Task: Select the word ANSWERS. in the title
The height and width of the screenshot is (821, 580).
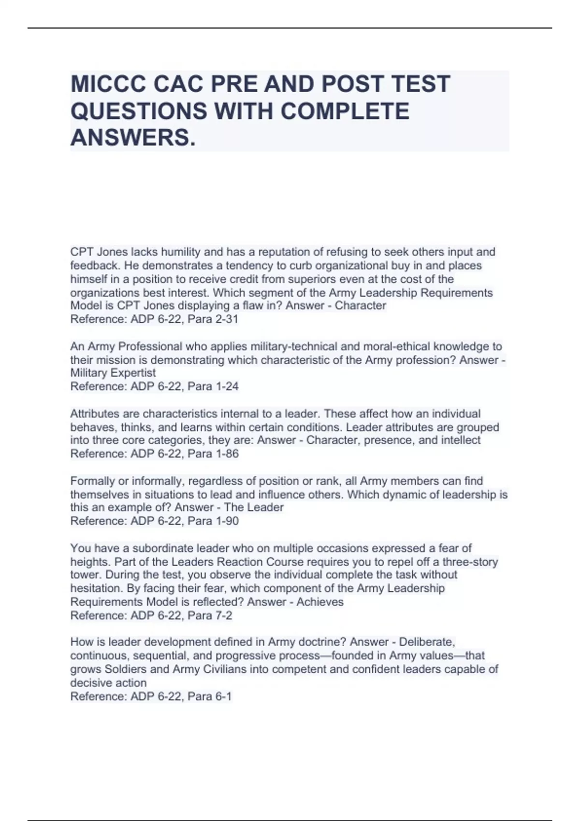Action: (x=133, y=138)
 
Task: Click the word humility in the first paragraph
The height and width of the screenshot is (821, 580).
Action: (x=180, y=252)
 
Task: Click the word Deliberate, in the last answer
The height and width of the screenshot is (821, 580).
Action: (x=427, y=642)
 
